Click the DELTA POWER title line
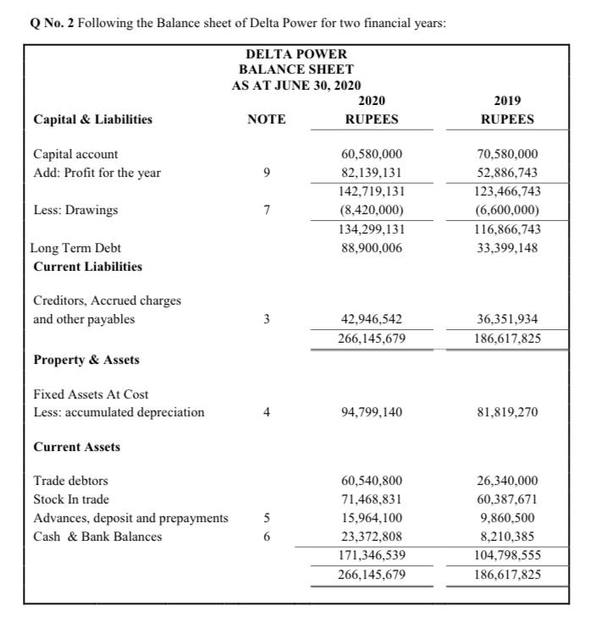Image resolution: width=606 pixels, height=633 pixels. [x=295, y=54]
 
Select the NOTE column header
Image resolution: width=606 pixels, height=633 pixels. [x=266, y=119]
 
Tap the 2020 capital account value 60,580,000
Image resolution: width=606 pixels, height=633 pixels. [x=372, y=154]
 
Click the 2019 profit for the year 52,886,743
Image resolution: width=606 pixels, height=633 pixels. [x=507, y=173]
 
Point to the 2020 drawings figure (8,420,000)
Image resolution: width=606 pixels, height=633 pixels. [x=372, y=210]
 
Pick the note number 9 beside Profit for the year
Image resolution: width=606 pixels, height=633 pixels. [x=266, y=173]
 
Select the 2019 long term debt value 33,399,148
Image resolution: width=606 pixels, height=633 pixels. [x=507, y=248]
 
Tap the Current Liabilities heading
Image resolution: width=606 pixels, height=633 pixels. [x=87, y=267]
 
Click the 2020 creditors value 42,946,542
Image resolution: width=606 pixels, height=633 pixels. [x=372, y=320]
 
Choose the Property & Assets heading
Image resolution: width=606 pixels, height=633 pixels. [x=86, y=360]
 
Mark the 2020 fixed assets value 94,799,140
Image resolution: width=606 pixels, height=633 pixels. [x=372, y=412]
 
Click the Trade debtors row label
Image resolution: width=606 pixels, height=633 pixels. [x=70, y=481]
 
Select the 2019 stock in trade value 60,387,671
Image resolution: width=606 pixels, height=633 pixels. [x=507, y=499]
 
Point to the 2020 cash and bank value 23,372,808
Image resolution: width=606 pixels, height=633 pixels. [x=372, y=537]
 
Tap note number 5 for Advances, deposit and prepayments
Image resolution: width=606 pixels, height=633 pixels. [x=266, y=518]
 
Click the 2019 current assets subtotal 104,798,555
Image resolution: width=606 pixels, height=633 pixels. [x=507, y=555]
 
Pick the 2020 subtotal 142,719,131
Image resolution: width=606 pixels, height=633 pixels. [x=372, y=191]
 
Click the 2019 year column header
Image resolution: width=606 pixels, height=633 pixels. [x=507, y=102]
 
